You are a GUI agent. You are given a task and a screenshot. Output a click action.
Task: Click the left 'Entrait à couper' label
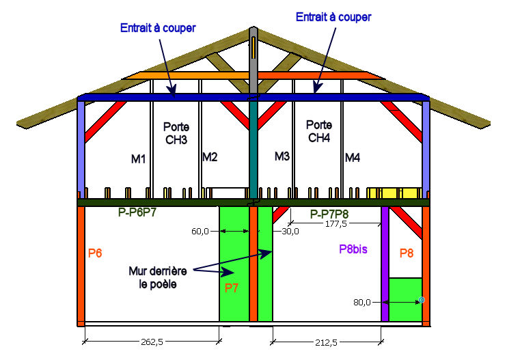click(159, 28)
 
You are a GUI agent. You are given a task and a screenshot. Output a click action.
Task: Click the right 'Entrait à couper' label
click(333, 17)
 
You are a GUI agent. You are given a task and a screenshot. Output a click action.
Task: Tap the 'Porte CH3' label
click(176, 133)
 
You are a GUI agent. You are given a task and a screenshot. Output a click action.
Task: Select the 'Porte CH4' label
click(319, 132)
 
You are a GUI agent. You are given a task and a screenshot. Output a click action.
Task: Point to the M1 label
click(139, 159)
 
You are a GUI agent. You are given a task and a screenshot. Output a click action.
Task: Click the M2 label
click(210, 157)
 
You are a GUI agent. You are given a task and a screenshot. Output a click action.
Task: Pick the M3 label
click(282, 156)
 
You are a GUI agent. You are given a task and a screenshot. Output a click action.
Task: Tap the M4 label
click(353, 158)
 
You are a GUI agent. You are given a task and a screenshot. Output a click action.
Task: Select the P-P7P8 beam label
click(334, 214)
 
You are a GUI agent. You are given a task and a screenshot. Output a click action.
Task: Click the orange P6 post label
click(95, 253)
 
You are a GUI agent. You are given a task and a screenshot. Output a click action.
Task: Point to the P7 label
click(232, 288)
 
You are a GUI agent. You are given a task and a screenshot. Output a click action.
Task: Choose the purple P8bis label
click(353, 249)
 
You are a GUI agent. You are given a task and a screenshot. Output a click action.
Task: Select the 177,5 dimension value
click(335, 223)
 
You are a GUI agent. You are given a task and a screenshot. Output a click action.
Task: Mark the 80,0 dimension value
click(362, 302)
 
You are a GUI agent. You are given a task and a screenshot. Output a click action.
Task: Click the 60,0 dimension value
click(200, 232)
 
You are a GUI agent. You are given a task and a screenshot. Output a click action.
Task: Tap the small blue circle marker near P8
click(422, 300)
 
